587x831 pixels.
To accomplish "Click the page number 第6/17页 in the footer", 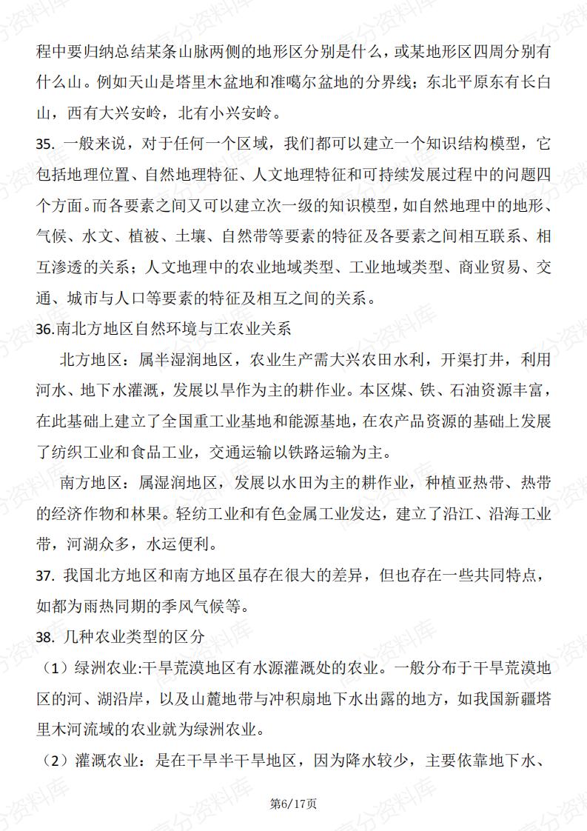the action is coord(293,803).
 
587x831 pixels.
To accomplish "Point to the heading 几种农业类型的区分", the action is coord(135,635).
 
